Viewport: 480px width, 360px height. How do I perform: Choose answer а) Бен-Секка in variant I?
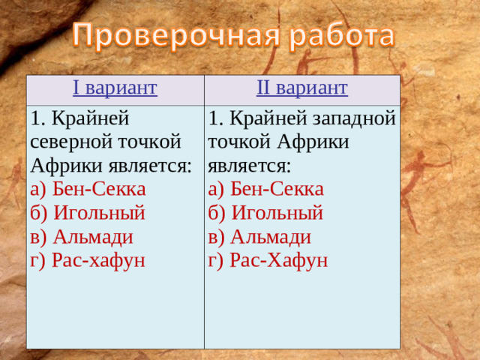tap(88, 188)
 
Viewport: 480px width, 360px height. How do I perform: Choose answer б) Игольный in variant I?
tap(88, 212)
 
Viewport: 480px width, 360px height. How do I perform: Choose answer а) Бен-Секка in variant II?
tap(266, 188)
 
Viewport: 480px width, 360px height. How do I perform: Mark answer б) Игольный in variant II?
tap(266, 212)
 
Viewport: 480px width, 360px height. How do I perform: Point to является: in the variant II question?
tap(250, 164)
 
